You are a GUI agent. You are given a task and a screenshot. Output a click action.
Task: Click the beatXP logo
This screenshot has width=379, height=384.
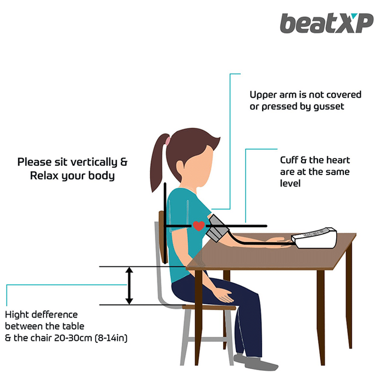[326, 23]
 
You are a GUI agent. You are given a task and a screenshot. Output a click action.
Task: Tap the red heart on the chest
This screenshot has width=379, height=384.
[199, 225]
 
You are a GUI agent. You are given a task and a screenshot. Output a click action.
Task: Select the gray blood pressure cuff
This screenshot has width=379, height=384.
[218, 228]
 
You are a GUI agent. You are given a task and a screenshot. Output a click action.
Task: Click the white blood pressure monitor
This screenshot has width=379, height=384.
[314, 238]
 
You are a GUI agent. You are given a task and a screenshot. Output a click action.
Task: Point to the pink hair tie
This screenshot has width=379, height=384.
[168, 140]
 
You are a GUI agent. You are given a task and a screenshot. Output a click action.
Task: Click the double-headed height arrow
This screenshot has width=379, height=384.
[129, 286]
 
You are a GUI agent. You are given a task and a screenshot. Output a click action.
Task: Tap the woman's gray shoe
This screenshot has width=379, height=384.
[255, 362]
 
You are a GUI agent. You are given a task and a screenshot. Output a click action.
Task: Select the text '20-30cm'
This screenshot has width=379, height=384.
[73, 338]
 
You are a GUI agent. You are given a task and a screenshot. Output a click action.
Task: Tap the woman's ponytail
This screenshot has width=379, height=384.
[159, 162]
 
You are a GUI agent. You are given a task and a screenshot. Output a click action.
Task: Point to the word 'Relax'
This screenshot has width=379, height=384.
[44, 176]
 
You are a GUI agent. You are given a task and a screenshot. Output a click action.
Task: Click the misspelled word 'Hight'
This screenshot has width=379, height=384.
[16, 315]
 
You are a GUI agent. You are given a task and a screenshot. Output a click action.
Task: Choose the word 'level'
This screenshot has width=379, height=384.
[290, 183]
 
